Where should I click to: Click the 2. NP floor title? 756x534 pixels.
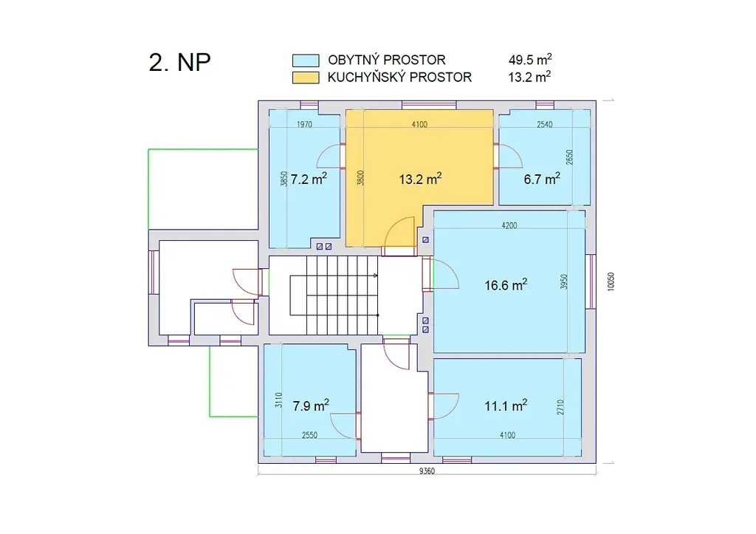[180, 62]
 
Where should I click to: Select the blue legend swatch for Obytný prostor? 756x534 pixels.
[306, 61]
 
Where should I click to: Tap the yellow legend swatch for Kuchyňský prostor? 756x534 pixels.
[306, 78]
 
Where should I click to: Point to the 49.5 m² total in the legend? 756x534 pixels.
[530, 59]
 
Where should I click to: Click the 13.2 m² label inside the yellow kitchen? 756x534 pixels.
[420, 179]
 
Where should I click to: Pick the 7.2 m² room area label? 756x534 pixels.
[309, 179]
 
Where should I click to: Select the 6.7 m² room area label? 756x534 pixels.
[542, 179]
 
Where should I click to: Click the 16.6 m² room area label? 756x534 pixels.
[505, 284]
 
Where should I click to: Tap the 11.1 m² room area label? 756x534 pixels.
[505, 405]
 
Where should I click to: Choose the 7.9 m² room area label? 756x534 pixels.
[311, 405]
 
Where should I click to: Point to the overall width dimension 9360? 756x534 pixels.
[427, 471]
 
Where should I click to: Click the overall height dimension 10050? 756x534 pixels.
[611, 281]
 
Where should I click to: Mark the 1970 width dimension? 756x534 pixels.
[304, 125]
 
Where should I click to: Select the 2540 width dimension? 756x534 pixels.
[544, 125]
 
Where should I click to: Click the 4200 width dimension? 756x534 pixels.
[509, 225]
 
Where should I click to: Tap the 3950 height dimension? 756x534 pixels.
[564, 281]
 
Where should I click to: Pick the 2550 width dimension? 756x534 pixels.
[309, 435]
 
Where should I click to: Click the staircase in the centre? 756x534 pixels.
[334, 295]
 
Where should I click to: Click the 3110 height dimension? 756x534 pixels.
[278, 400]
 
